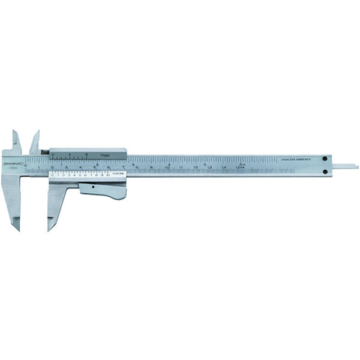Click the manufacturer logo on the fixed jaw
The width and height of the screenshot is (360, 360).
[x=12, y=163]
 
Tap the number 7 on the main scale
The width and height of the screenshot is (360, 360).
[x=124, y=167]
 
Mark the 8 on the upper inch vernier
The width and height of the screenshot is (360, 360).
[x=88, y=154]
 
